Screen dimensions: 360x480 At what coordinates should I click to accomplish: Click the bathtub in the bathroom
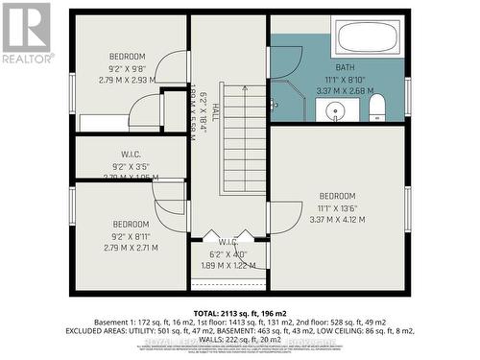[x=369, y=37]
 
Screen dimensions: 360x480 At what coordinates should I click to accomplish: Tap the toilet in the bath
[x=376, y=106]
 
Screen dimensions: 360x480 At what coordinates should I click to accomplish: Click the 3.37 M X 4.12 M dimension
[x=337, y=218]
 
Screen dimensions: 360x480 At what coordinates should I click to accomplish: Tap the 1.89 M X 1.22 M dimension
[x=228, y=266]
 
